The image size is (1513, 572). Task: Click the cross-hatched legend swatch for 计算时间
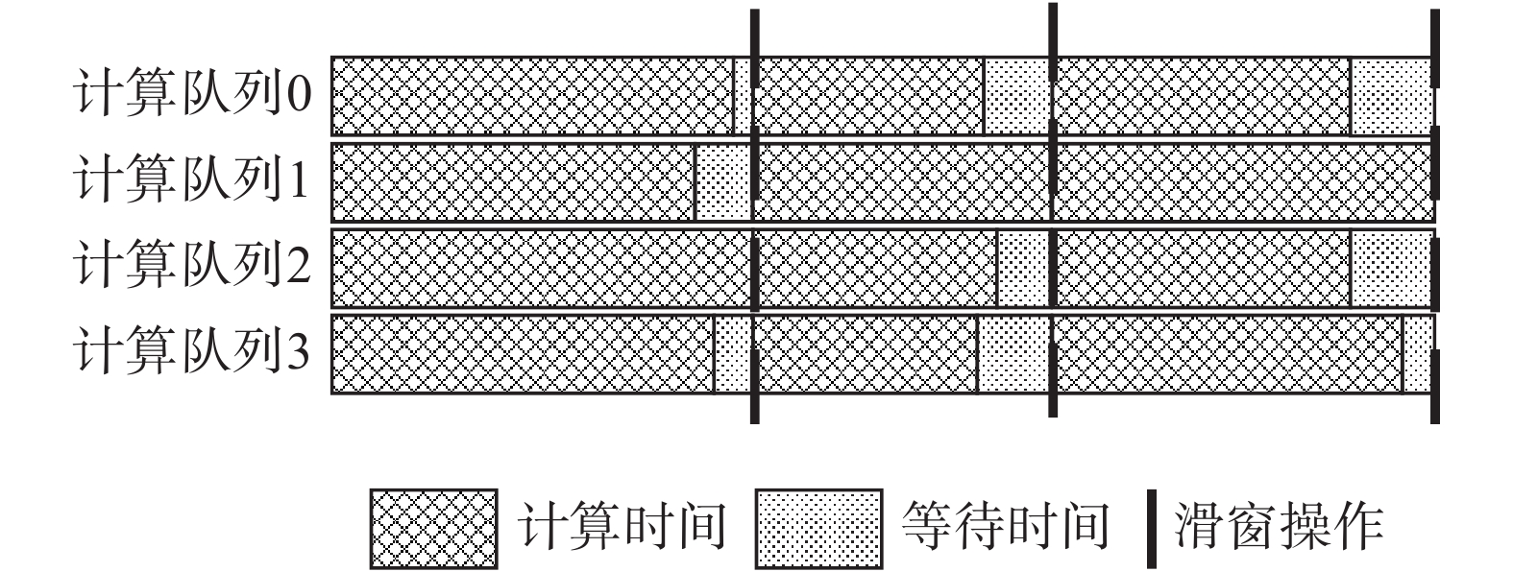[433, 529]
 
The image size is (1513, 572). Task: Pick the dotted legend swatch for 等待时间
[818, 529]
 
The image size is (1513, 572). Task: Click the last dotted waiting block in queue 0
[1391, 96]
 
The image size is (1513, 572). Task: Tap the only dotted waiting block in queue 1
[721, 181]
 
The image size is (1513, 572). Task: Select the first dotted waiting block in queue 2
[1022, 268]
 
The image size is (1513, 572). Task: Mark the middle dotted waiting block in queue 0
[1016, 96]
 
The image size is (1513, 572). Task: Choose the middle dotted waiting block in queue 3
[1013, 353]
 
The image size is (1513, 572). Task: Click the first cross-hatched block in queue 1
[513, 181]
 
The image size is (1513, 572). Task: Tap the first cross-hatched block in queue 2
[541, 268]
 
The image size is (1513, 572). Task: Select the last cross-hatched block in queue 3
[1229, 353]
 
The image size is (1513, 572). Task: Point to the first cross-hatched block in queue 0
[532, 96]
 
